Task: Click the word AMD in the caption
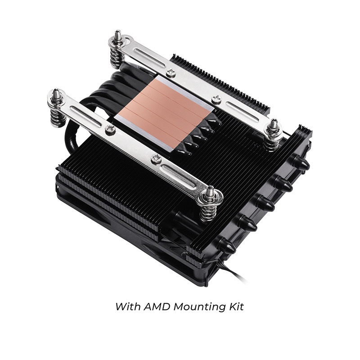click(156, 307)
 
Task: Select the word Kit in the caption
click(235, 307)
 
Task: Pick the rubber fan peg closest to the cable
click(226, 245)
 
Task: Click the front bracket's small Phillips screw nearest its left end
click(110, 130)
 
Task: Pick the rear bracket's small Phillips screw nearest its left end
click(171, 72)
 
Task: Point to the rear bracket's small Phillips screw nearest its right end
click(216, 99)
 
